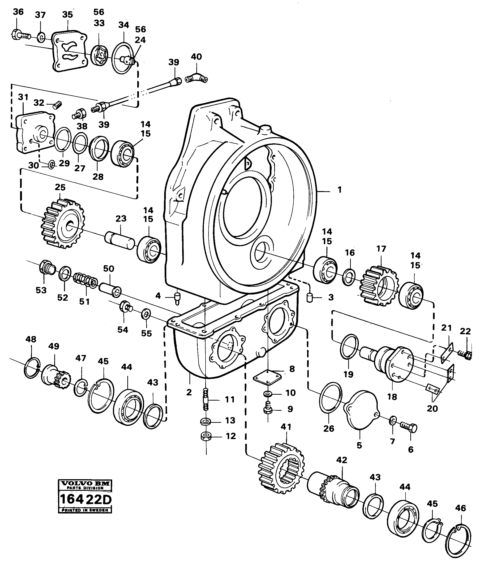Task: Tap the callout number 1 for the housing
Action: pos(339,190)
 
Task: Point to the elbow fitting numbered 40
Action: pos(197,78)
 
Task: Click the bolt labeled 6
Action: pos(409,428)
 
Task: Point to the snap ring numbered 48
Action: pos(32,369)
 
